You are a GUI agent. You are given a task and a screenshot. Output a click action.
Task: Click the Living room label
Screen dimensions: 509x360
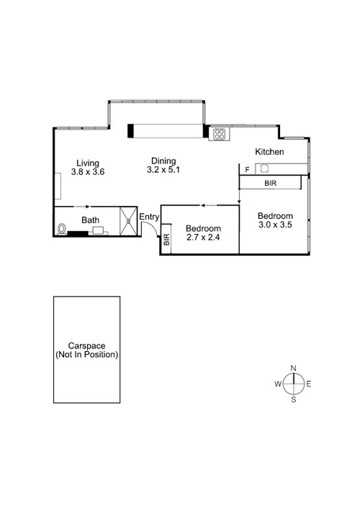tap(89, 163)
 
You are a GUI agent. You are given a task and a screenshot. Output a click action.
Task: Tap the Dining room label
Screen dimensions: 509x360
tap(163, 161)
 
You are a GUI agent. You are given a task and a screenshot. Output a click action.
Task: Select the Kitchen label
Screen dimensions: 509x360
tap(270, 152)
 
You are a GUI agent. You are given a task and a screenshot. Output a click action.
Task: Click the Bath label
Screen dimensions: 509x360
tap(90, 220)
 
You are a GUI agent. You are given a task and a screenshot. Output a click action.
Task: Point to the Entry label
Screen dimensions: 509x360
tap(149, 217)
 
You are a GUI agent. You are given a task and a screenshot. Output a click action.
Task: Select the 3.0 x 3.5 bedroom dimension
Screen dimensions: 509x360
tap(276, 225)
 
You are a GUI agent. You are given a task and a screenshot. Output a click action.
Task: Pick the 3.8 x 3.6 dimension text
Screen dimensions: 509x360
tap(89, 172)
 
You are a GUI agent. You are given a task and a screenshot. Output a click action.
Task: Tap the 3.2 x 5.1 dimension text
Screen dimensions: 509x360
tap(163, 170)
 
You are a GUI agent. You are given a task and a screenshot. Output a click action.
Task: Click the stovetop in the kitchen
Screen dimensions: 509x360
tap(218, 133)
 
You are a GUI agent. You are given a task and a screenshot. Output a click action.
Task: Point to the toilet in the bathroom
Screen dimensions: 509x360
tap(63, 230)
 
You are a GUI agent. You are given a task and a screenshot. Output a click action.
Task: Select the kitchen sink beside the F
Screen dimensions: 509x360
tap(264, 169)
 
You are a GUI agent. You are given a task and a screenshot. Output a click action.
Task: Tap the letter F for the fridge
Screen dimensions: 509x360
tap(247, 170)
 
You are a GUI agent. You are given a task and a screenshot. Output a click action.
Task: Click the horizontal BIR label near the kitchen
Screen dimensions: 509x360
tap(270, 184)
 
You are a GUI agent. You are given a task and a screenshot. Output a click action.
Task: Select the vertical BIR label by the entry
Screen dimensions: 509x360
tap(166, 240)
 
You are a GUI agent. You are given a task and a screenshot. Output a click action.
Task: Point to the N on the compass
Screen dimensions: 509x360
tap(293, 369)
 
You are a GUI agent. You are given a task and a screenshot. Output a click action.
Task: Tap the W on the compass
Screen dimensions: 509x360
tap(277, 384)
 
